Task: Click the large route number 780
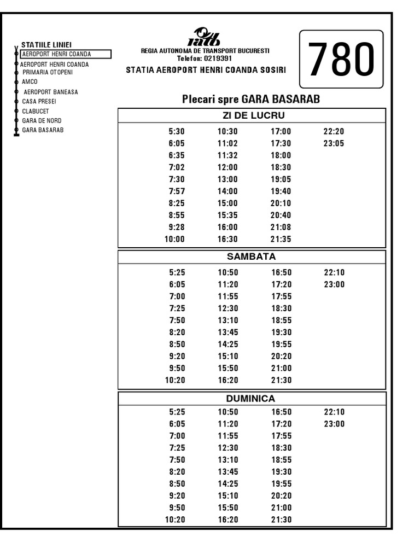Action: pyautogui.click(x=341, y=59)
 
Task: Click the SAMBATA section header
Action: pyautogui.click(x=252, y=256)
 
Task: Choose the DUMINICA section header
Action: pyautogui.click(x=252, y=399)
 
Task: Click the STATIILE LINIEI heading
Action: pyautogui.click(x=46, y=45)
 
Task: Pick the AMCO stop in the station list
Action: pyautogui.click(x=30, y=82)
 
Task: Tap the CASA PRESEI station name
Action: pyautogui.click(x=39, y=102)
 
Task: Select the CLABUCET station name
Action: pyautogui.click(x=36, y=111)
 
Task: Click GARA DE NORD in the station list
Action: pyautogui.click(x=42, y=121)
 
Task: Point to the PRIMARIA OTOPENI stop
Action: pyautogui.click(x=47, y=72)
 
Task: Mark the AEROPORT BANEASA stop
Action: pyautogui.click(x=51, y=92)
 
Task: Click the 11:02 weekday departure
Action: pyautogui.click(x=227, y=143)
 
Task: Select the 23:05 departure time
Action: pyautogui.click(x=334, y=143)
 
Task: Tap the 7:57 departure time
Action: pyautogui.click(x=177, y=191)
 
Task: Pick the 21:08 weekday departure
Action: pyautogui.click(x=281, y=227)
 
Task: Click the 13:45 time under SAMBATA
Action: pyautogui.click(x=227, y=332)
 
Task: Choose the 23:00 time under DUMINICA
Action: pyautogui.click(x=334, y=424)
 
